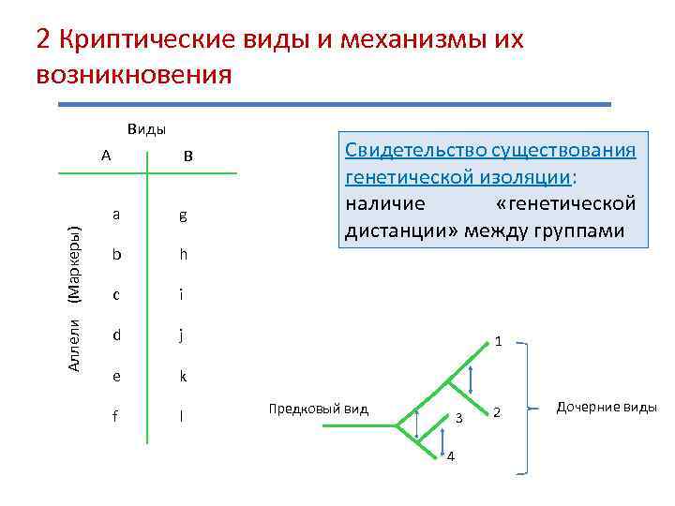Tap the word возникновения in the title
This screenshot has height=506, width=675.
coord(133,74)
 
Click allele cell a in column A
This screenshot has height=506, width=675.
coord(115,214)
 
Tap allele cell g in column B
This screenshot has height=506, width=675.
coord(183,216)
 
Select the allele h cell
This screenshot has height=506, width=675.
coord(183,255)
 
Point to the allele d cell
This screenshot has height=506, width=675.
coord(115,335)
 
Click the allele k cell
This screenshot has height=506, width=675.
coord(183,376)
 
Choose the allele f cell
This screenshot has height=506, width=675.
coord(115,415)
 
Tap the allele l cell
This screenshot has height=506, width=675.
coord(183,415)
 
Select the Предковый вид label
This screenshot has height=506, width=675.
coord(319,409)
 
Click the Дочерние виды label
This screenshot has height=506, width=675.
coord(607,407)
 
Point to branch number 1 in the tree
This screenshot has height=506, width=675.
coord(499,342)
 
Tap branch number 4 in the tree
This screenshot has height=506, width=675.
coord(451,456)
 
